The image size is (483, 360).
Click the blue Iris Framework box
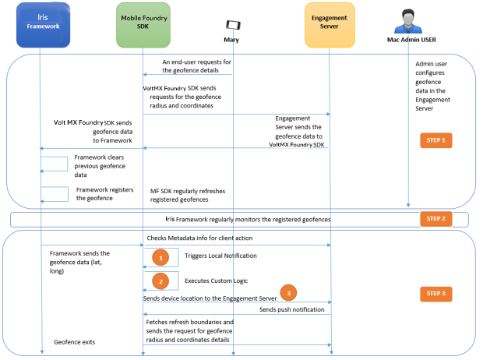[x=39, y=23]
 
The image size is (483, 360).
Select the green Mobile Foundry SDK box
[x=143, y=23]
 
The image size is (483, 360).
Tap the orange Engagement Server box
[x=330, y=23]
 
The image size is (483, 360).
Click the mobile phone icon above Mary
[x=232, y=24]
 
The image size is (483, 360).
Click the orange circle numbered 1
[x=160, y=257]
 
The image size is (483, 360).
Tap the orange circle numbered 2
[x=160, y=281]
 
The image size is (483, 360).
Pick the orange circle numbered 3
[x=288, y=293]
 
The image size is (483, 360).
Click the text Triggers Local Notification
[x=221, y=256]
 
